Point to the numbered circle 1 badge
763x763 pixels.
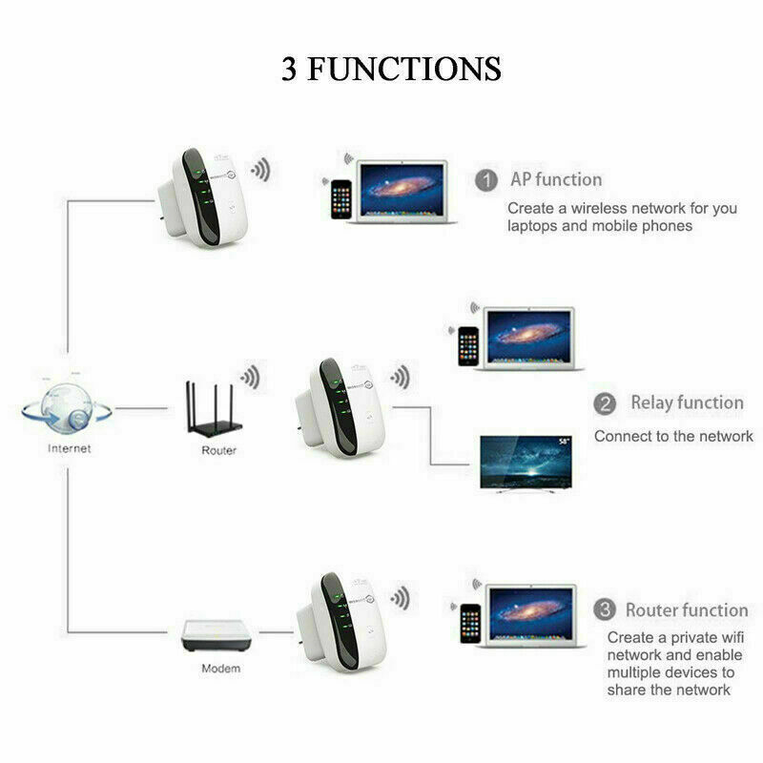[486, 179]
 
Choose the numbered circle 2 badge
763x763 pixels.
[605, 403]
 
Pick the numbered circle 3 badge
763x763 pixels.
[604, 609]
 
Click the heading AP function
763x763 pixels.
[556, 179]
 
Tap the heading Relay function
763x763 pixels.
[687, 402]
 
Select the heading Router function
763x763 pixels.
[687, 609]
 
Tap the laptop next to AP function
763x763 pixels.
[402, 191]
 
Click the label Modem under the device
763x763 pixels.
[220, 669]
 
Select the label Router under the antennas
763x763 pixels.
[218, 450]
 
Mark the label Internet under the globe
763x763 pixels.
[70, 448]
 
